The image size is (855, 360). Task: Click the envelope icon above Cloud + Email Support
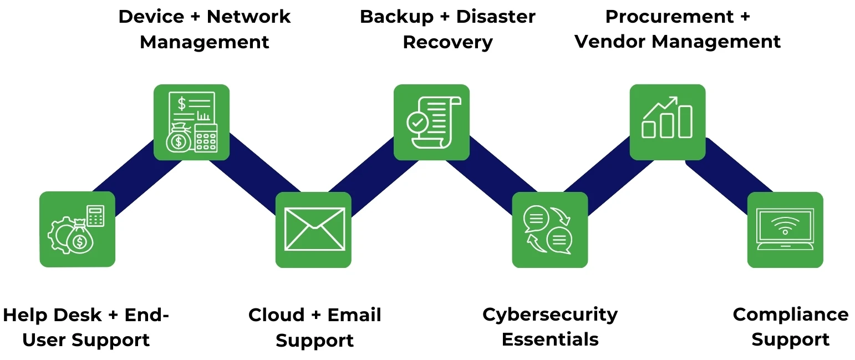tap(313, 229)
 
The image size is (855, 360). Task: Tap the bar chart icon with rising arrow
tap(667, 121)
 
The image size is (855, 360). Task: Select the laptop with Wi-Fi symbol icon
tap(785, 229)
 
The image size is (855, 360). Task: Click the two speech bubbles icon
tap(549, 229)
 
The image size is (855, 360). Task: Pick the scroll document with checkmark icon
tap(431, 122)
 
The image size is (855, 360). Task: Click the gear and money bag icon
tap(77, 229)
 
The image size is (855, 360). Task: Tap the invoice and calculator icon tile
tap(191, 122)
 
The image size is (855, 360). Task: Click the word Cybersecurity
tap(549, 315)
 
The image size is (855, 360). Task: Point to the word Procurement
tap(669, 17)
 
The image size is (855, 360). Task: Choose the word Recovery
tap(447, 42)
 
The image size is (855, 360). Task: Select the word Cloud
tap(276, 315)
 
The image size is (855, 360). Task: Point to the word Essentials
tap(549, 339)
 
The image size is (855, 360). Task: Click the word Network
tap(248, 17)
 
